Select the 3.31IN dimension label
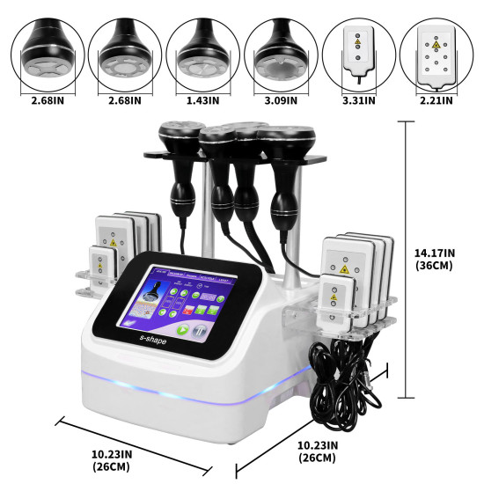tap(357, 101)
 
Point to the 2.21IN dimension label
tap(435, 101)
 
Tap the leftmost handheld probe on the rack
tap(173, 167)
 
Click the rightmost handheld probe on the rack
tap(286, 176)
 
